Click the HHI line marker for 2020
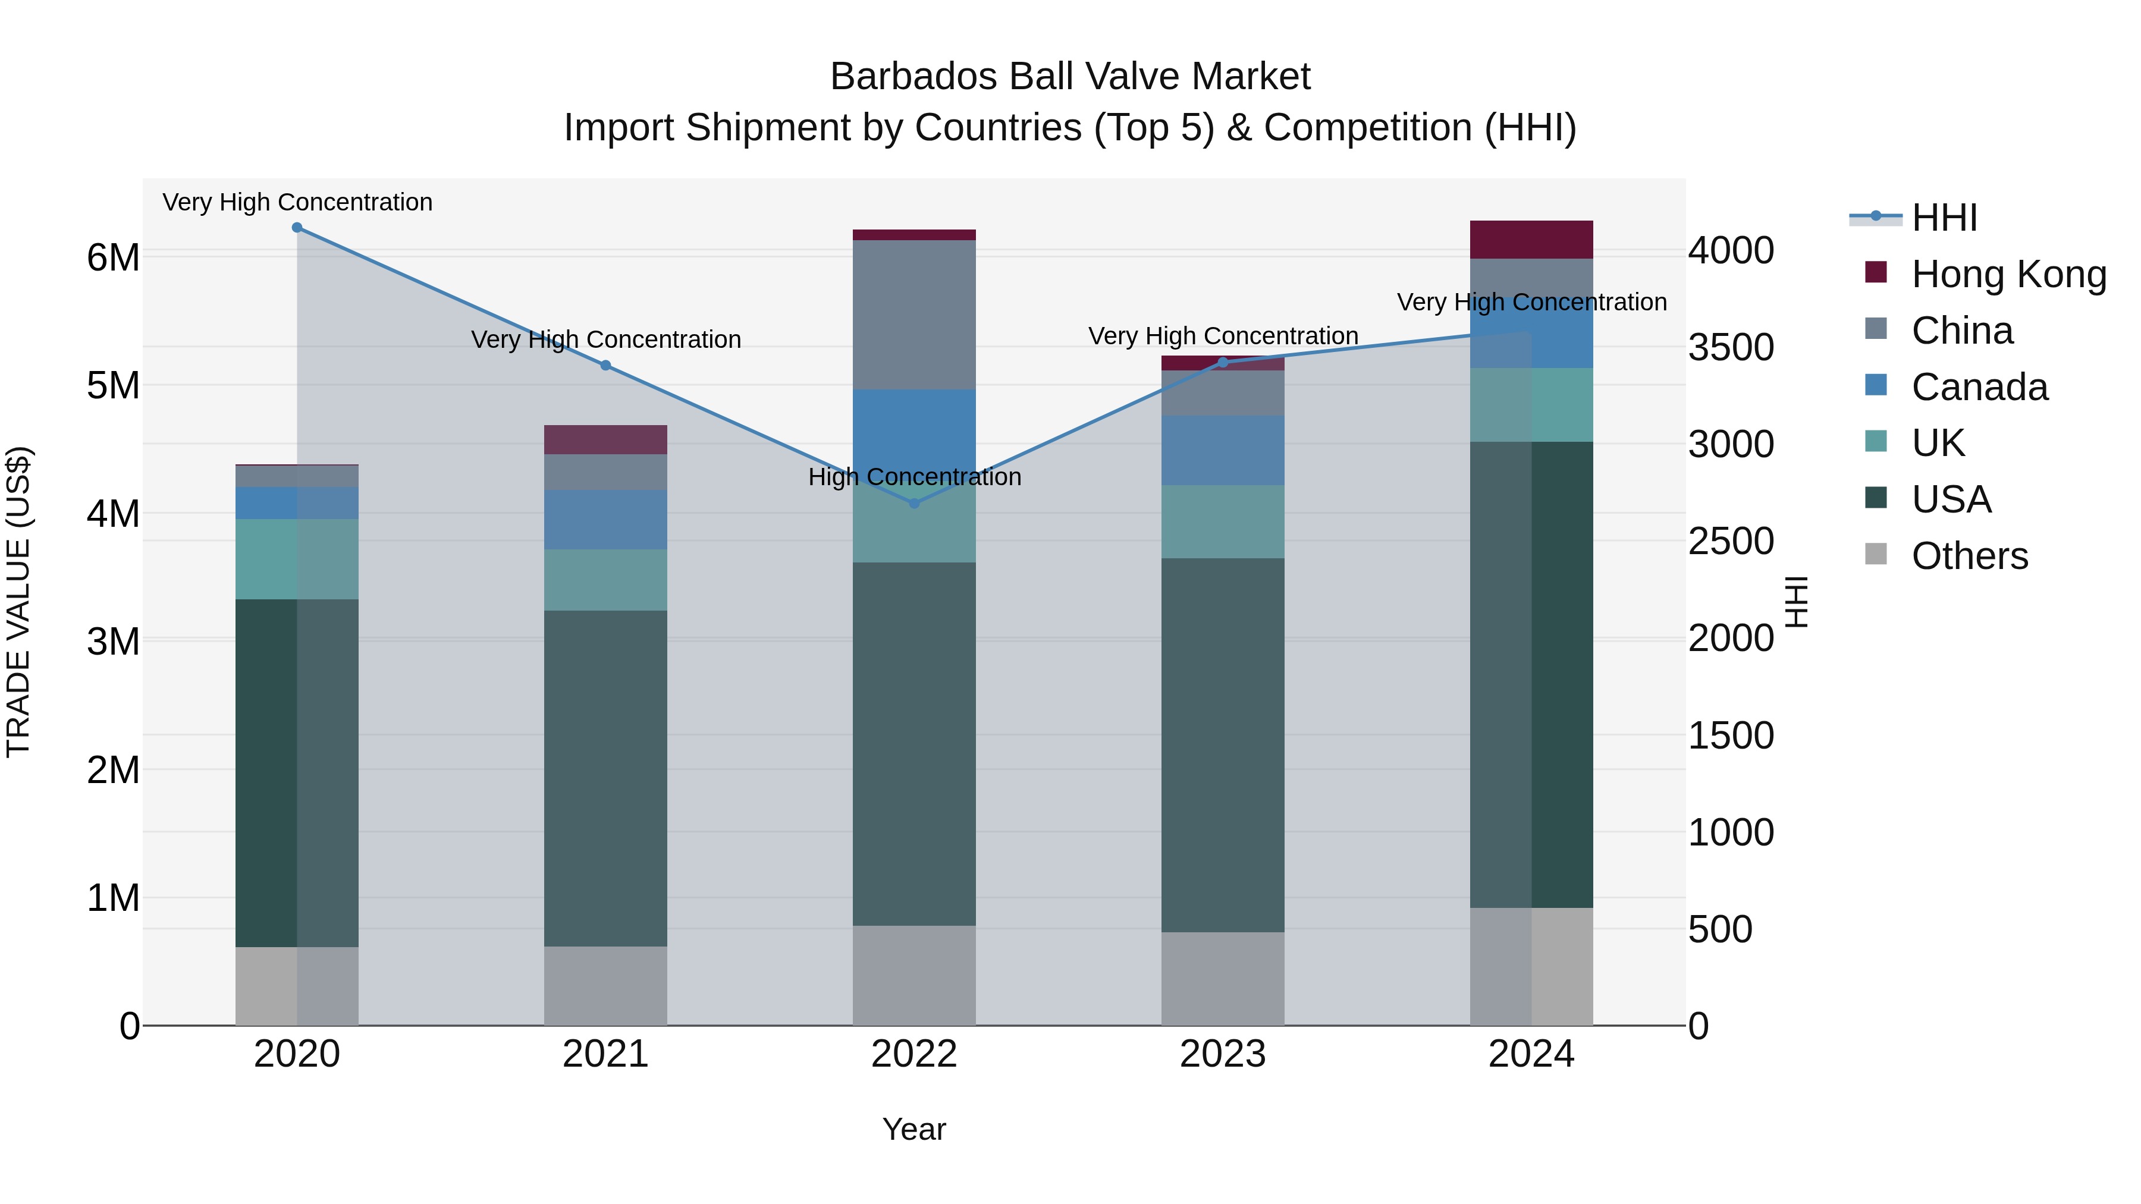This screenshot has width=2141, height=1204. (297, 228)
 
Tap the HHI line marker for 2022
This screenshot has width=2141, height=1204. (914, 504)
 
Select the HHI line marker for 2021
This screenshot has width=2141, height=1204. (606, 366)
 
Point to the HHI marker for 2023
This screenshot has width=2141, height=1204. (1223, 362)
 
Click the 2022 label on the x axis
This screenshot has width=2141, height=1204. (914, 1054)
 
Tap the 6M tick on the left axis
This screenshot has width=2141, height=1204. (113, 257)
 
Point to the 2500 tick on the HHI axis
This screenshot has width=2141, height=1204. (1731, 541)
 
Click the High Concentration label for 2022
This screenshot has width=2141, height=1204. (914, 477)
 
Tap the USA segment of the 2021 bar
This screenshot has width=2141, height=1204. (606, 778)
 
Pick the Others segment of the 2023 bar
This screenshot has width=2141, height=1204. (1223, 978)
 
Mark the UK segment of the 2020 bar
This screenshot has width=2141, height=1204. (297, 559)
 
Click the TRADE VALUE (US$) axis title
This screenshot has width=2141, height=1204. (18, 602)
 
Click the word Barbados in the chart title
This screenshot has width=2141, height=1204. (913, 77)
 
